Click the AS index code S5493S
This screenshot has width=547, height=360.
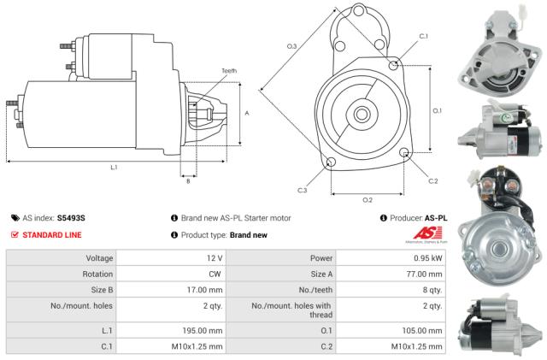click(x=83, y=218)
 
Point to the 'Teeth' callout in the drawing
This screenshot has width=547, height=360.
click(x=229, y=71)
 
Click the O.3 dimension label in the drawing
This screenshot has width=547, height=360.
click(x=291, y=44)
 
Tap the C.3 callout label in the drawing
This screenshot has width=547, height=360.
click(x=302, y=190)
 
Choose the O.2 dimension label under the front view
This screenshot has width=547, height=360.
click(x=368, y=199)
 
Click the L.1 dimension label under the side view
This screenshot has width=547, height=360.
click(x=114, y=167)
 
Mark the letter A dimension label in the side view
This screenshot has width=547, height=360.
click(x=246, y=112)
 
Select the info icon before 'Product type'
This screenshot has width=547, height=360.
click(x=174, y=234)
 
